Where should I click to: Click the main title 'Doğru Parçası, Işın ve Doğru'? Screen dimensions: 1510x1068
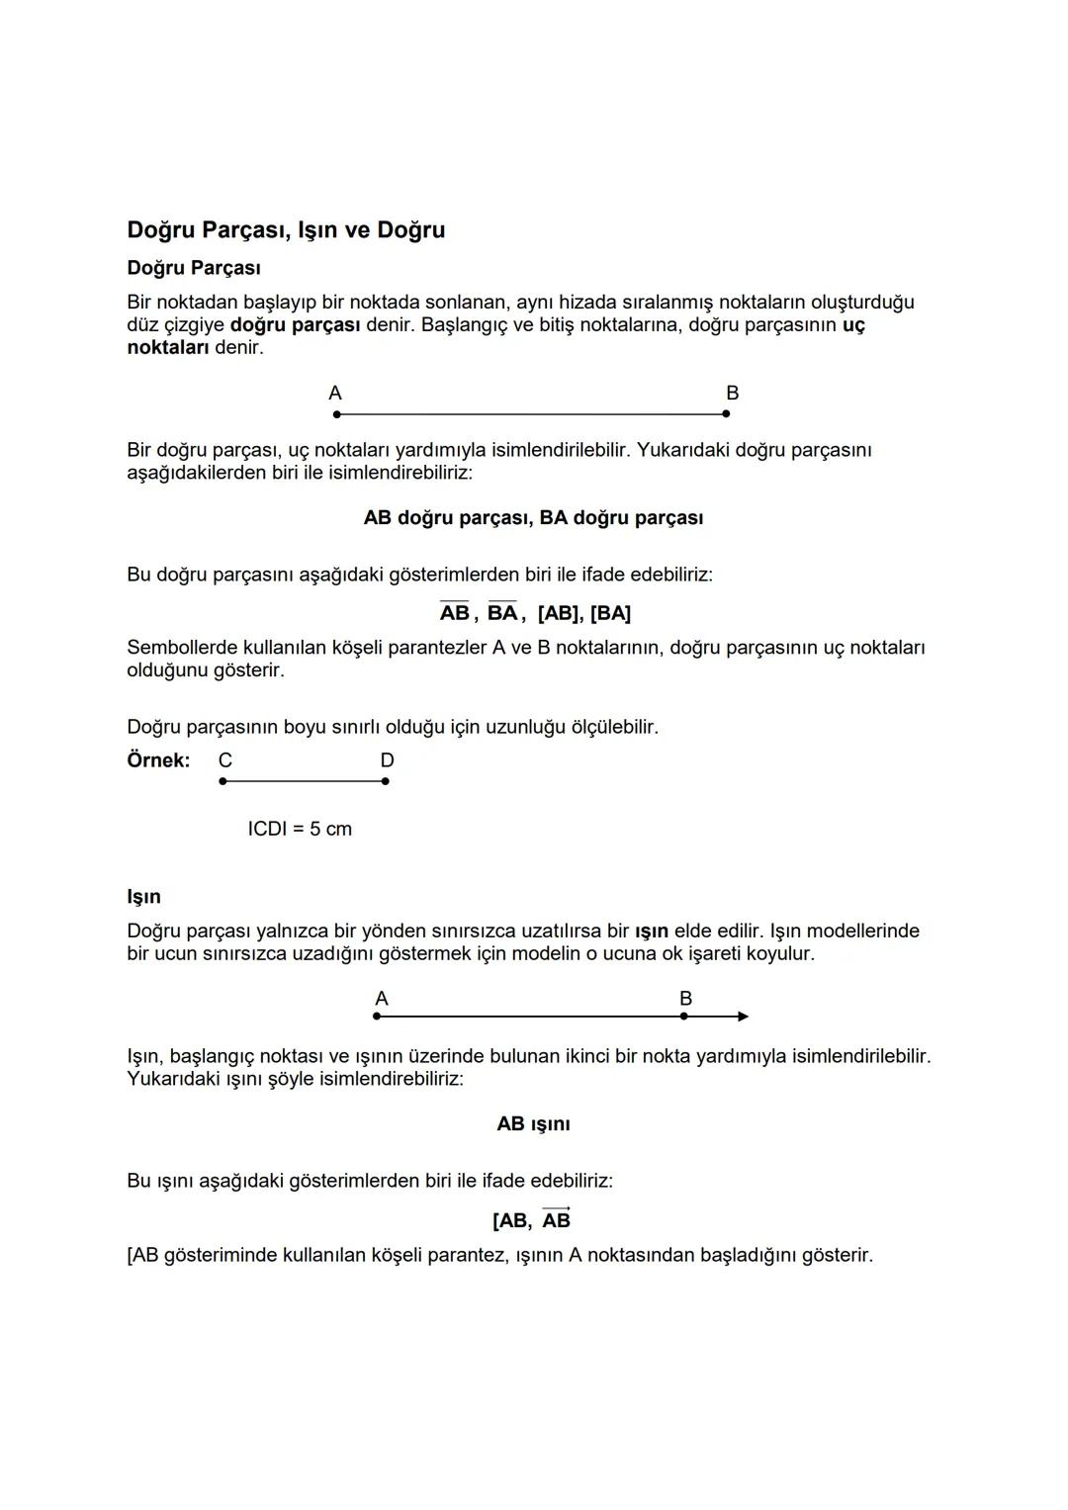[286, 230]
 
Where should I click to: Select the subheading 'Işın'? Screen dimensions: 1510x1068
[143, 897]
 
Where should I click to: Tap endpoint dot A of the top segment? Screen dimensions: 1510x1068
[337, 414]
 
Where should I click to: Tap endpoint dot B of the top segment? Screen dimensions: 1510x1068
[726, 414]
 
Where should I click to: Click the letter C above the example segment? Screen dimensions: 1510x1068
[225, 760]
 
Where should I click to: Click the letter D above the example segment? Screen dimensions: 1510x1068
[387, 760]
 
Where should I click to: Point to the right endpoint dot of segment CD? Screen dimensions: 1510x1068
[385, 781]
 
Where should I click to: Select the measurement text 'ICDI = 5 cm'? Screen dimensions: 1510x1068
[300, 829]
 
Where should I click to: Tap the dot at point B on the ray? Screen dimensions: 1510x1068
[683, 1017]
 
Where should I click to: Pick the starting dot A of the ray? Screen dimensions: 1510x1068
[377, 1017]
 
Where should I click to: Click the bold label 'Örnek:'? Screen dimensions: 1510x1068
[158, 760]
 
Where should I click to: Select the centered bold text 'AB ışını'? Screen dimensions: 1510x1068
[533, 1124]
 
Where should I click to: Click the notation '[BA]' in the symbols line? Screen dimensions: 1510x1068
[610, 614]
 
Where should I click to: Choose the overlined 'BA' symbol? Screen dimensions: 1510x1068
[502, 613]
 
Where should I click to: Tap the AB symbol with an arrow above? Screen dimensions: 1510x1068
[557, 1219]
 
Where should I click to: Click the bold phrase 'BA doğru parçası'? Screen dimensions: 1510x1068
[621, 518]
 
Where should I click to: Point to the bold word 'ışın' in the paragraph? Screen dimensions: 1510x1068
[651, 932]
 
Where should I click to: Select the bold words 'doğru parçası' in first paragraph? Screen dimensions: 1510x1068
[295, 325]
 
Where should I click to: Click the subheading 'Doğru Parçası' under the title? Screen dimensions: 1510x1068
[194, 268]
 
